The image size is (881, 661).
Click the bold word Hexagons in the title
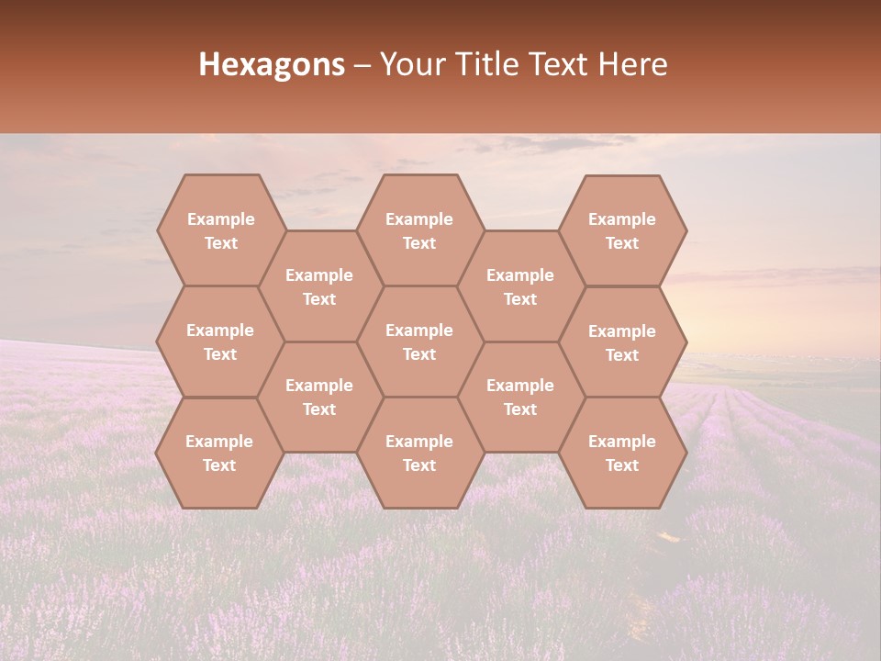coord(272,64)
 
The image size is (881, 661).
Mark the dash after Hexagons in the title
coord(362,65)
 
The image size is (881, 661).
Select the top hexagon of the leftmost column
coord(220,230)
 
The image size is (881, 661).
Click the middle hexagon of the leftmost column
coord(220,342)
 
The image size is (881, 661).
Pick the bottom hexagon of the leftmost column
coord(219,453)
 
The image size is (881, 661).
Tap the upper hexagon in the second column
coord(319,286)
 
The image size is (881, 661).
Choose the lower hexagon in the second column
coord(319,397)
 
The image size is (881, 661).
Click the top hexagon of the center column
coord(419,230)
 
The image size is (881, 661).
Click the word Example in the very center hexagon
coord(419,330)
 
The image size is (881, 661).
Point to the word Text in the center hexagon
coord(419,354)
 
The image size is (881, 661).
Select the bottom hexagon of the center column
coord(419,453)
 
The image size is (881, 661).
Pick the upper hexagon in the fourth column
coord(520,286)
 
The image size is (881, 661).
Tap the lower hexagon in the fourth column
coord(520,397)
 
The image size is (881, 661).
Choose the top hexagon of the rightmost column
coord(622,230)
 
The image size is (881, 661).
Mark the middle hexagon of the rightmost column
coord(622,342)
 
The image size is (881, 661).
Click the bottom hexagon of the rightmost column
coord(622,453)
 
